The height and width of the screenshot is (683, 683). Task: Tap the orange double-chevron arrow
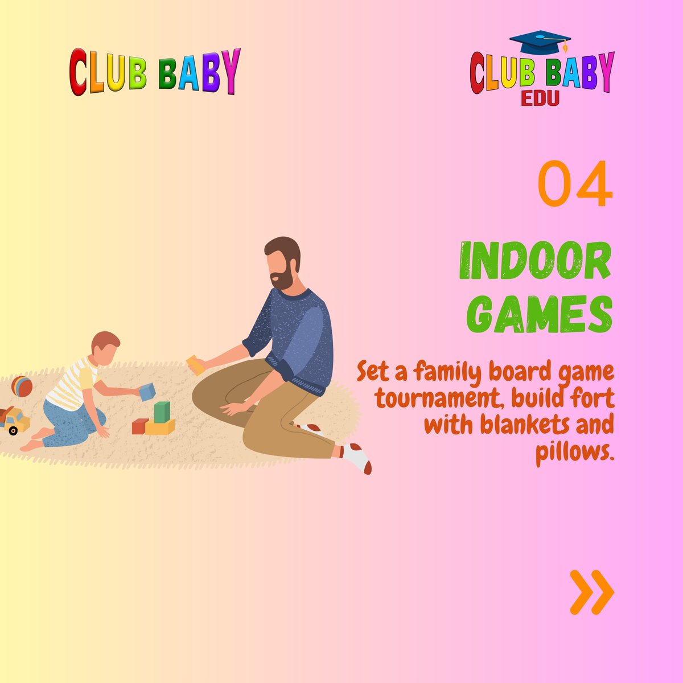[x=592, y=593]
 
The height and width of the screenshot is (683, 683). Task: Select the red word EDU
[x=540, y=98]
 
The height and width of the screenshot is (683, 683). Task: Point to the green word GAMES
[x=543, y=314]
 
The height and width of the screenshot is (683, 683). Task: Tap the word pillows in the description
[x=575, y=453]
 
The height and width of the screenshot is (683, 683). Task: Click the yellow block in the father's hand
[x=195, y=364]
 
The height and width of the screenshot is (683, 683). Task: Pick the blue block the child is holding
[x=147, y=391]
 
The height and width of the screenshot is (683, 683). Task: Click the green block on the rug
[x=162, y=412]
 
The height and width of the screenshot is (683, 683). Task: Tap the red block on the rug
[x=140, y=426]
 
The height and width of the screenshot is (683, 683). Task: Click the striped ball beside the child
[x=22, y=386]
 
